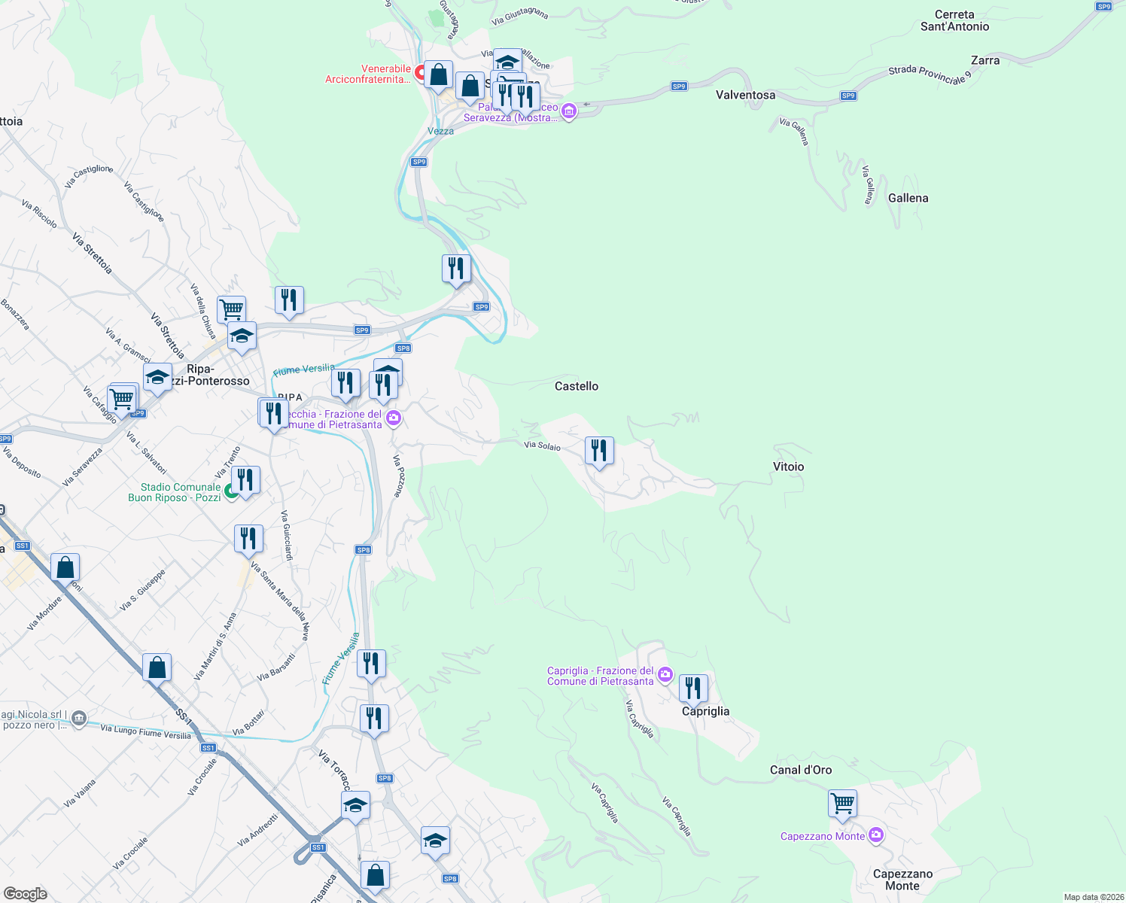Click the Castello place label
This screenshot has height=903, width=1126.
point(577,386)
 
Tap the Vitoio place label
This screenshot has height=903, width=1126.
point(788,467)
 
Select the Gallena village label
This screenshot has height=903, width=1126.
point(908,198)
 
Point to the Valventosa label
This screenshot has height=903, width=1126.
point(745,95)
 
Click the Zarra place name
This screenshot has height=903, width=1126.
point(984,60)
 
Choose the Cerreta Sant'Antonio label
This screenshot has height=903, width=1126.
point(954,20)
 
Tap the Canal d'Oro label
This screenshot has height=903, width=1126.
point(801,770)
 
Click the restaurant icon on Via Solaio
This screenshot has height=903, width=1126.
point(599,451)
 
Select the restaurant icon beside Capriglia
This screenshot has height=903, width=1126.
point(693,688)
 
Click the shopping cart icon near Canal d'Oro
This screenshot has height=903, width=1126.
point(842,803)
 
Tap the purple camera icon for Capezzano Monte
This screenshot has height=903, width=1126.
point(875,835)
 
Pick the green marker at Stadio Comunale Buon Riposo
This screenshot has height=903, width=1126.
point(231,493)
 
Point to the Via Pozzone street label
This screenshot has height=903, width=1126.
point(399,476)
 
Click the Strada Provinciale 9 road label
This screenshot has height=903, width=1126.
point(930,74)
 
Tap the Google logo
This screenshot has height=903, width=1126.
point(25,893)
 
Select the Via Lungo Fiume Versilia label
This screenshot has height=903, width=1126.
point(145,731)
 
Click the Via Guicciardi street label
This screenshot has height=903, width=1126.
point(287,535)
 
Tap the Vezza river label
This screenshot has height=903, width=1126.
point(440,131)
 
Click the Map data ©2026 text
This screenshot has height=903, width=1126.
point(1091,897)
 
